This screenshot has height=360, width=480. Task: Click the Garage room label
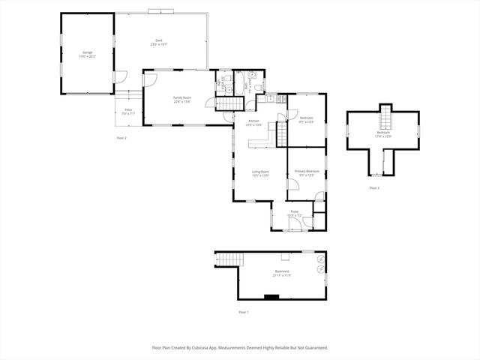click(88, 54)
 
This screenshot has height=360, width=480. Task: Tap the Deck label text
click(159, 42)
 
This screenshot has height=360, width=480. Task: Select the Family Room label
click(182, 100)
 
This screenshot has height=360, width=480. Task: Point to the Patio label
click(128, 112)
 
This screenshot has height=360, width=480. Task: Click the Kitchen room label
click(253, 124)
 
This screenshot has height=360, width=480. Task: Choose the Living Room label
click(260, 173)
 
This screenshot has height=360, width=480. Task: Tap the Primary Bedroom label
click(307, 173)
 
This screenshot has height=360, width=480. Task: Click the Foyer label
click(295, 213)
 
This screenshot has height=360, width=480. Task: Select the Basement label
click(282, 272)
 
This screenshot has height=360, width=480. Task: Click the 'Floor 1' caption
click(243, 312)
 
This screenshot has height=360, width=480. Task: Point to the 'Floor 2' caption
click(121, 138)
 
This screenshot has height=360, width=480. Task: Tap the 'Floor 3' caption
click(374, 187)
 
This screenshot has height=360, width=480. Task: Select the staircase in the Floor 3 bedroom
click(385, 118)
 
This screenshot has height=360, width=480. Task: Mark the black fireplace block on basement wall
click(271, 297)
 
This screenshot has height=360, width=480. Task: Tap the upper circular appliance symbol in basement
click(320, 259)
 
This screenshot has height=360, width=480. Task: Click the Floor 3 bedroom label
click(384, 134)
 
